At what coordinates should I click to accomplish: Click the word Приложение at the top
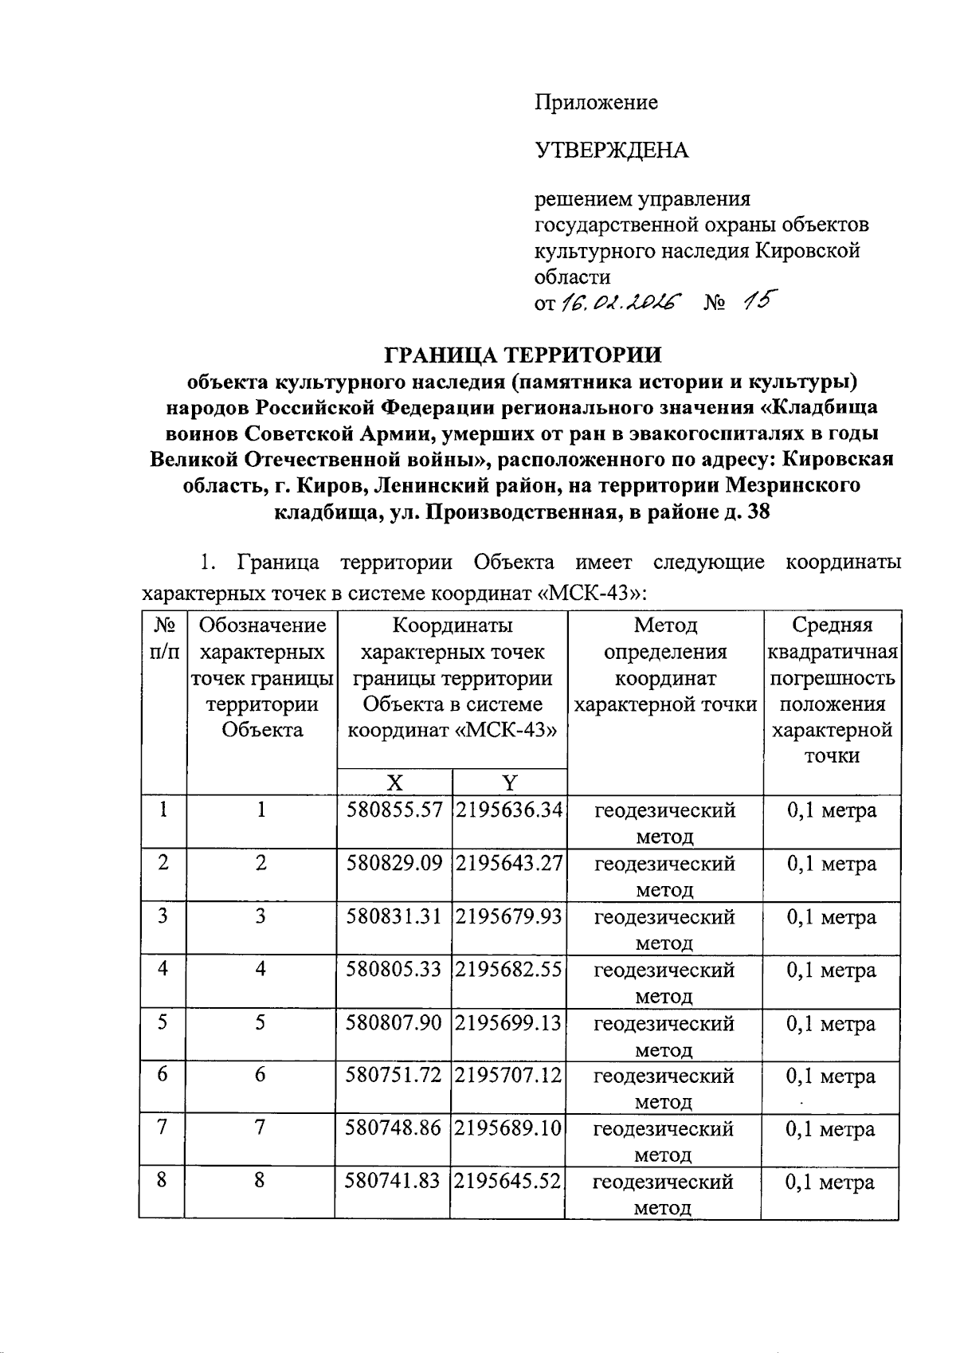[x=596, y=103]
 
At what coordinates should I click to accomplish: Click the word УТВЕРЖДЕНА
[x=611, y=150]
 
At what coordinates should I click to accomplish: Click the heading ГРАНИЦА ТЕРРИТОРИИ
[x=523, y=354]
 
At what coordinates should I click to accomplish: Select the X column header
[x=394, y=782]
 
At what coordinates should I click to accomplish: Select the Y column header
[x=510, y=782]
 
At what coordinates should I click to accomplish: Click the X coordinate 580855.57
[x=394, y=811]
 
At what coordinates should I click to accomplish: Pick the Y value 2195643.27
[x=509, y=864]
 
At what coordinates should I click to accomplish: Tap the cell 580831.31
[x=394, y=917]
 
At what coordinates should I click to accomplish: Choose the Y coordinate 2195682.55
[x=509, y=970]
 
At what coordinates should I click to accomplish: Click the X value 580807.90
[x=394, y=1023]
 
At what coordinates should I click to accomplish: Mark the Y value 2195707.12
[x=509, y=1076]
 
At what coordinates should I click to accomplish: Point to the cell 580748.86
[x=393, y=1129]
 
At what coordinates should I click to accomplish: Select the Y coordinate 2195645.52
[x=508, y=1182]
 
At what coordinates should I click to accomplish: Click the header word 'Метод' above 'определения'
[x=665, y=626]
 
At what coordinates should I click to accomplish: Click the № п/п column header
[x=163, y=638]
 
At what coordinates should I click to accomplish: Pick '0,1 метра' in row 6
[x=831, y=1077]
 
